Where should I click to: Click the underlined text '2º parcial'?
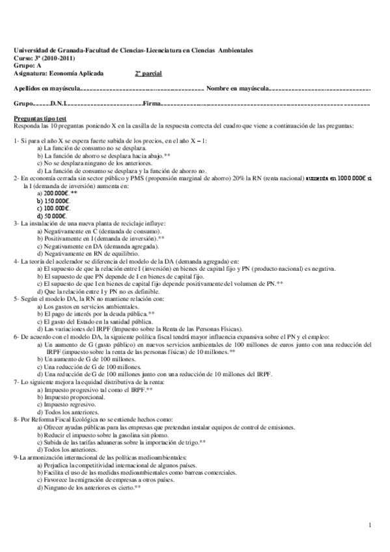coord(148,74)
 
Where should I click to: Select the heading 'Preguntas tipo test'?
coord(39,119)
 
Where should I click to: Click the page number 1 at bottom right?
coord(369,525)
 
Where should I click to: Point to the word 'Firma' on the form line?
coord(151,103)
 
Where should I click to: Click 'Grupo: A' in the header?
coord(27,66)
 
